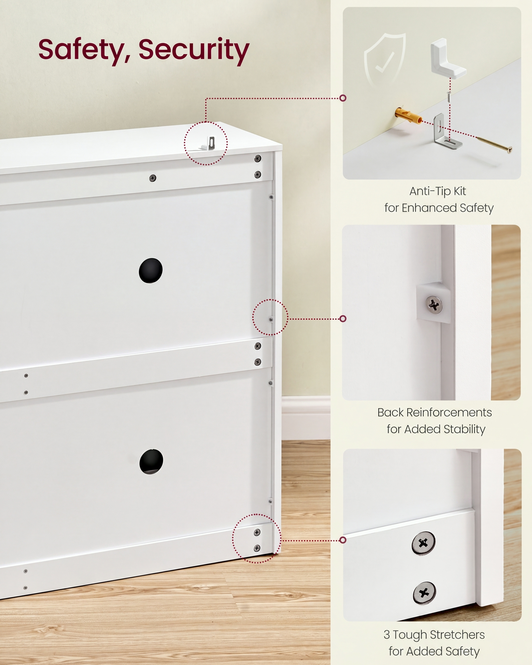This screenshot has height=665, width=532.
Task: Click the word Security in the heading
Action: [x=194, y=50]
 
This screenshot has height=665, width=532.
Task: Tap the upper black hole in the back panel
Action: [x=151, y=271]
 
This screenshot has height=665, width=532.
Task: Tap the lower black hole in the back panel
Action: [x=151, y=462]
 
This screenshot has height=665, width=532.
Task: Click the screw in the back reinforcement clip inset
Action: [x=434, y=304]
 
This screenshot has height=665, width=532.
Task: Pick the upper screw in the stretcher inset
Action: [x=423, y=543]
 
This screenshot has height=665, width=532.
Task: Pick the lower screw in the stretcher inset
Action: [x=424, y=593]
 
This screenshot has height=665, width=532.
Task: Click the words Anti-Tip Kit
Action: [x=438, y=192]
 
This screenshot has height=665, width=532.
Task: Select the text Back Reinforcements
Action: [x=435, y=413]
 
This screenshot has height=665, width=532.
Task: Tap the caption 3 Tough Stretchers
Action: [x=434, y=635]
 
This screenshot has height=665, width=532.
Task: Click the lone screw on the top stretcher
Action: [x=153, y=178]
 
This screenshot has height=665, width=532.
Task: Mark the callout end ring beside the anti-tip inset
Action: [x=343, y=98]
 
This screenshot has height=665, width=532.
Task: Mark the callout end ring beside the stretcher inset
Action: [x=343, y=540]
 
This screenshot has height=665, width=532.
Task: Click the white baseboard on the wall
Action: [x=306, y=418]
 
